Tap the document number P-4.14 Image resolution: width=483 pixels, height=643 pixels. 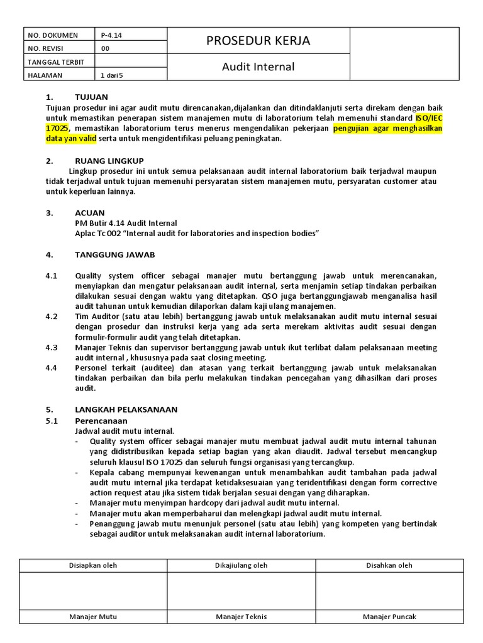click(x=111, y=35)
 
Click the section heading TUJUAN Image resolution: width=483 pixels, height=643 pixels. click(x=91, y=97)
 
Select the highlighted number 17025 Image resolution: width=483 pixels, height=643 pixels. click(x=56, y=128)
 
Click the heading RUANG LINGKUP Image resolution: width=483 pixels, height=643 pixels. click(x=109, y=161)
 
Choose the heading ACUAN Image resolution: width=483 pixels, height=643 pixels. click(x=90, y=213)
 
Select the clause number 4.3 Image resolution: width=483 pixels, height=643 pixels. click(x=52, y=347)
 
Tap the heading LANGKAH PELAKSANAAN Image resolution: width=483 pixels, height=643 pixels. click(x=126, y=409)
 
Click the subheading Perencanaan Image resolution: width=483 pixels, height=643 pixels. click(x=101, y=420)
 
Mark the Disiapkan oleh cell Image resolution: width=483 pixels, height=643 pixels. click(x=93, y=565)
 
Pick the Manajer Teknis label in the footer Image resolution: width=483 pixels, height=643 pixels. click(x=241, y=617)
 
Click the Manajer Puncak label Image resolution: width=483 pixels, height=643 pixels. click(x=389, y=617)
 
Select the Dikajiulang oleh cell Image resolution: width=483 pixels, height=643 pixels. click(x=241, y=565)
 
